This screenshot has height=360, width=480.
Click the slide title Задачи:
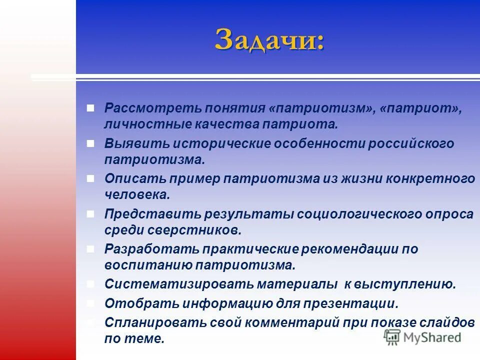pyautogui.click(x=269, y=39)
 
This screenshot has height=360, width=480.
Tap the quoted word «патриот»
pyautogui.click(x=420, y=108)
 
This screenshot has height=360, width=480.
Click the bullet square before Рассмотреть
pyautogui.click(x=90, y=108)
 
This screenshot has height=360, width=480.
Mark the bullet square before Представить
pyautogui.click(x=90, y=214)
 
